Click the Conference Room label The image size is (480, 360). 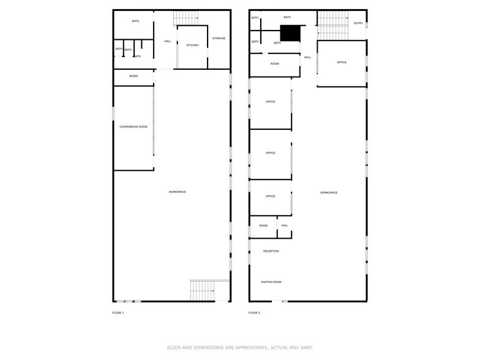tap(133, 127)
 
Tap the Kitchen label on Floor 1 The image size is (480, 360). tap(192, 45)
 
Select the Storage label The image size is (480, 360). tap(219, 39)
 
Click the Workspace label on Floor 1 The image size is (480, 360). tap(177, 192)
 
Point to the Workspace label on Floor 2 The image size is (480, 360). tap(328, 193)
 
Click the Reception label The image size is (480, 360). tap(271, 251)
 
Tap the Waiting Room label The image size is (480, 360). tap(271, 282)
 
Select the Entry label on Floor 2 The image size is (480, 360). tap(358, 23)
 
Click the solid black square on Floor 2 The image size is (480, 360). tap(290, 33)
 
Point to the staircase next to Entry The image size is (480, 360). tap(331, 24)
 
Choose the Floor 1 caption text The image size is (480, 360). tap(118, 313)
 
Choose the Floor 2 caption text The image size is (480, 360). tap(254, 313)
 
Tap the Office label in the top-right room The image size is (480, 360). tap(342, 62)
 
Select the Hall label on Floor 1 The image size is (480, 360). tap(167, 42)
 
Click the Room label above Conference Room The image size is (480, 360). tap(133, 76)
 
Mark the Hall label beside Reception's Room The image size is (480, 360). tap(285, 225)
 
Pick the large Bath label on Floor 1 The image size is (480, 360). tap(135, 21)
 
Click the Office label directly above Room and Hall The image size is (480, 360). tap(270, 197)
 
